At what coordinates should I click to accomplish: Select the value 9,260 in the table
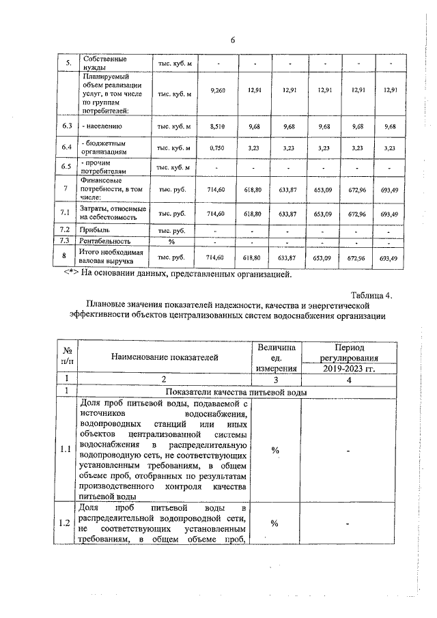(x=218, y=90)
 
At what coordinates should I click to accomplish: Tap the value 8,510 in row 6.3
(x=218, y=126)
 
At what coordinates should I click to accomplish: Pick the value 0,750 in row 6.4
(x=218, y=148)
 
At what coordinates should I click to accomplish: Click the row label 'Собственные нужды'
(x=100, y=64)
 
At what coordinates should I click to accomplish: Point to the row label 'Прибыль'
(x=95, y=231)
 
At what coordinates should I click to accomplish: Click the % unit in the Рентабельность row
(x=172, y=242)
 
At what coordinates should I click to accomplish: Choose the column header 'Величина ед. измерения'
(x=276, y=358)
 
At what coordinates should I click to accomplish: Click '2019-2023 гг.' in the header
(x=349, y=369)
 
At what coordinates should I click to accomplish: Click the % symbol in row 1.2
(x=276, y=523)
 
